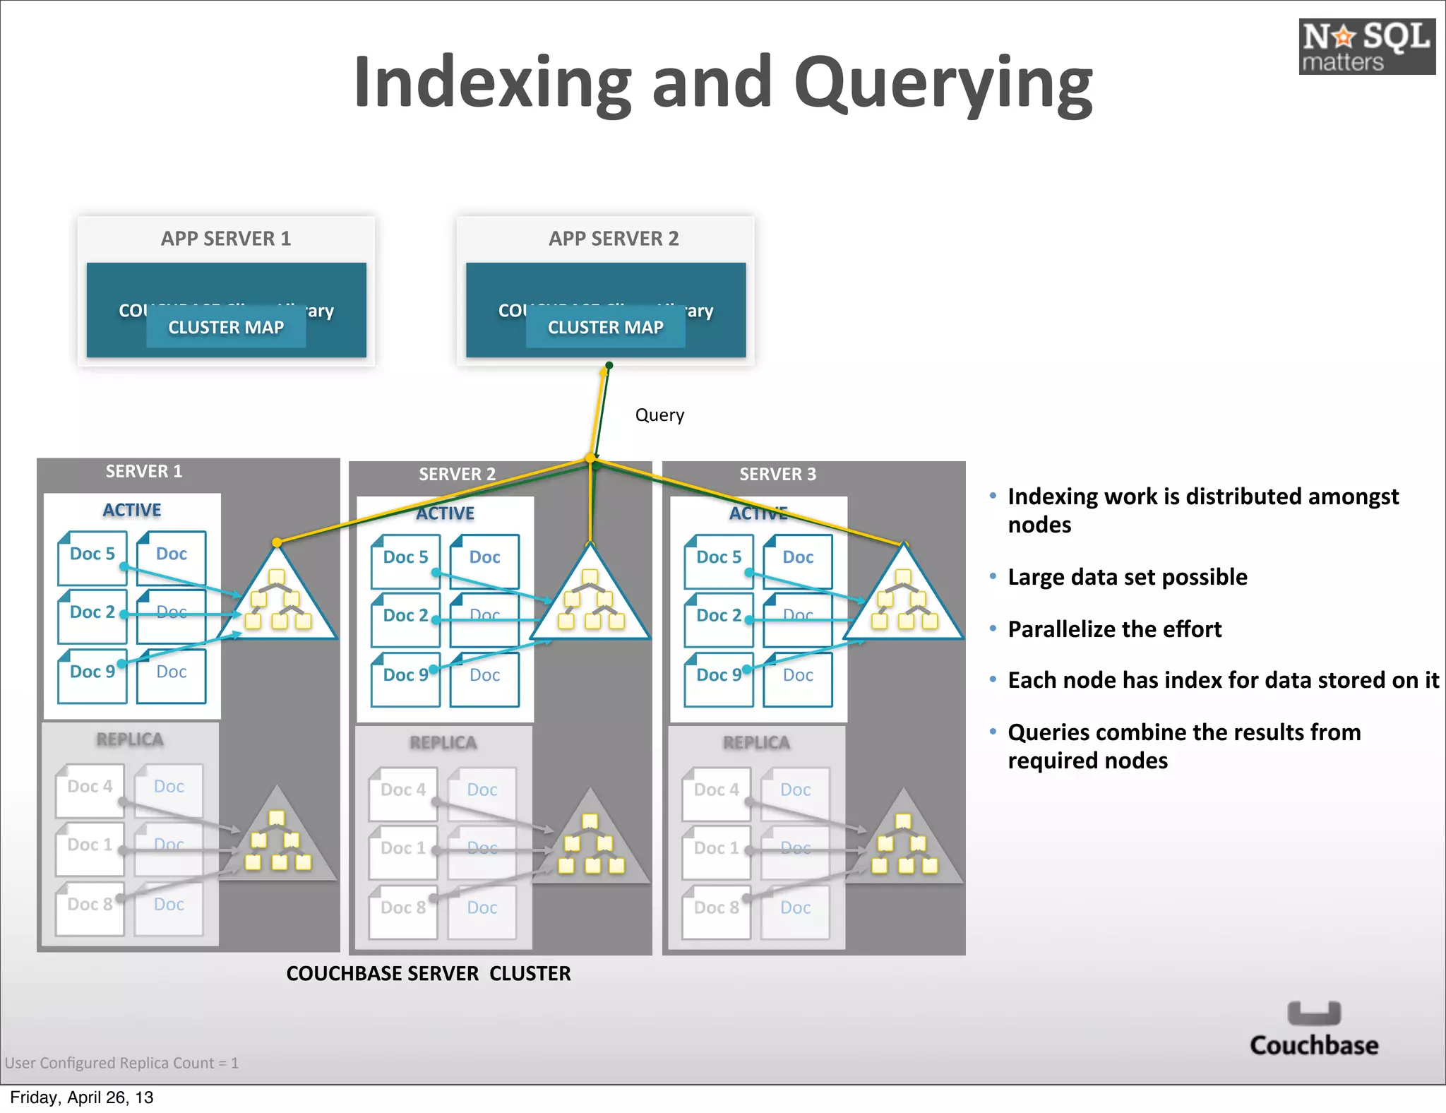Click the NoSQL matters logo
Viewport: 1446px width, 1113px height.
tap(1366, 47)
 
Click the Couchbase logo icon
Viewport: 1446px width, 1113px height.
tap(1313, 1013)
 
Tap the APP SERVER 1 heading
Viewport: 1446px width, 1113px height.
tap(226, 239)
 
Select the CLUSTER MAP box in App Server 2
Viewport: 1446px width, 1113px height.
tap(605, 328)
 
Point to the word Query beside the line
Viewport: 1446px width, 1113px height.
tap(659, 415)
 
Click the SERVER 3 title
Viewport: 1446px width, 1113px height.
tap(777, 474)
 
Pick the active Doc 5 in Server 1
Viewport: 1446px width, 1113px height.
tap(92, 558)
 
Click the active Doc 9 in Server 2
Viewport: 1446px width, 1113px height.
tap(405, 678)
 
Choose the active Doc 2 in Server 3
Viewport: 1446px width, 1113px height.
tap(718, 619)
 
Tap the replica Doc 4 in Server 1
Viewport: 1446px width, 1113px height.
tap(90, 790)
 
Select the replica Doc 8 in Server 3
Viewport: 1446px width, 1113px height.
tap(716, 911)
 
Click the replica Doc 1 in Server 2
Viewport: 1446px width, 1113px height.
tap(402, 851)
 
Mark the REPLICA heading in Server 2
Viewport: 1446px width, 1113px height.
tap(443, 743)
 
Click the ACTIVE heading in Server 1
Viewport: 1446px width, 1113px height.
tap(132, 511)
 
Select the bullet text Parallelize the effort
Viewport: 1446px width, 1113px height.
tap(1114, 629)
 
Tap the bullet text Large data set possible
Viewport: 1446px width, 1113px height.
tap(1127, 578)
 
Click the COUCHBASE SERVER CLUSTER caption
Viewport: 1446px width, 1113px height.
tap(429, 974)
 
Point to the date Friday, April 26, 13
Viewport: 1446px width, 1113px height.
tap(82, 1097)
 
